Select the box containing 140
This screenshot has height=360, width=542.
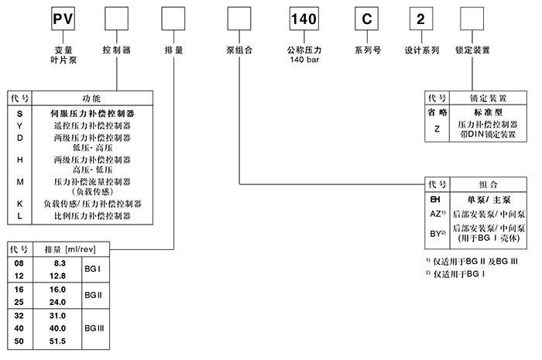(x=303, y=18)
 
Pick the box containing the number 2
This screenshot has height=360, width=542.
(x=420, y=18)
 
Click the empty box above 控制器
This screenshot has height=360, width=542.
(x=115, y=18)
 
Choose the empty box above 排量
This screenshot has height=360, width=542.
(x=173, y=18)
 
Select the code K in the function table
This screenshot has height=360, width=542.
(x=20, y=204)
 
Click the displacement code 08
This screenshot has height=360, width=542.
(x=20, y=264)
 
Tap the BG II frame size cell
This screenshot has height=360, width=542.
(x=94, y=295)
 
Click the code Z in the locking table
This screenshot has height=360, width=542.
(x=437, y=129)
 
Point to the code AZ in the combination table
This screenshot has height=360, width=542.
(x=437, y=212)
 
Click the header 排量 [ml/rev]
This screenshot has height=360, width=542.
(x=73, y=249)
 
